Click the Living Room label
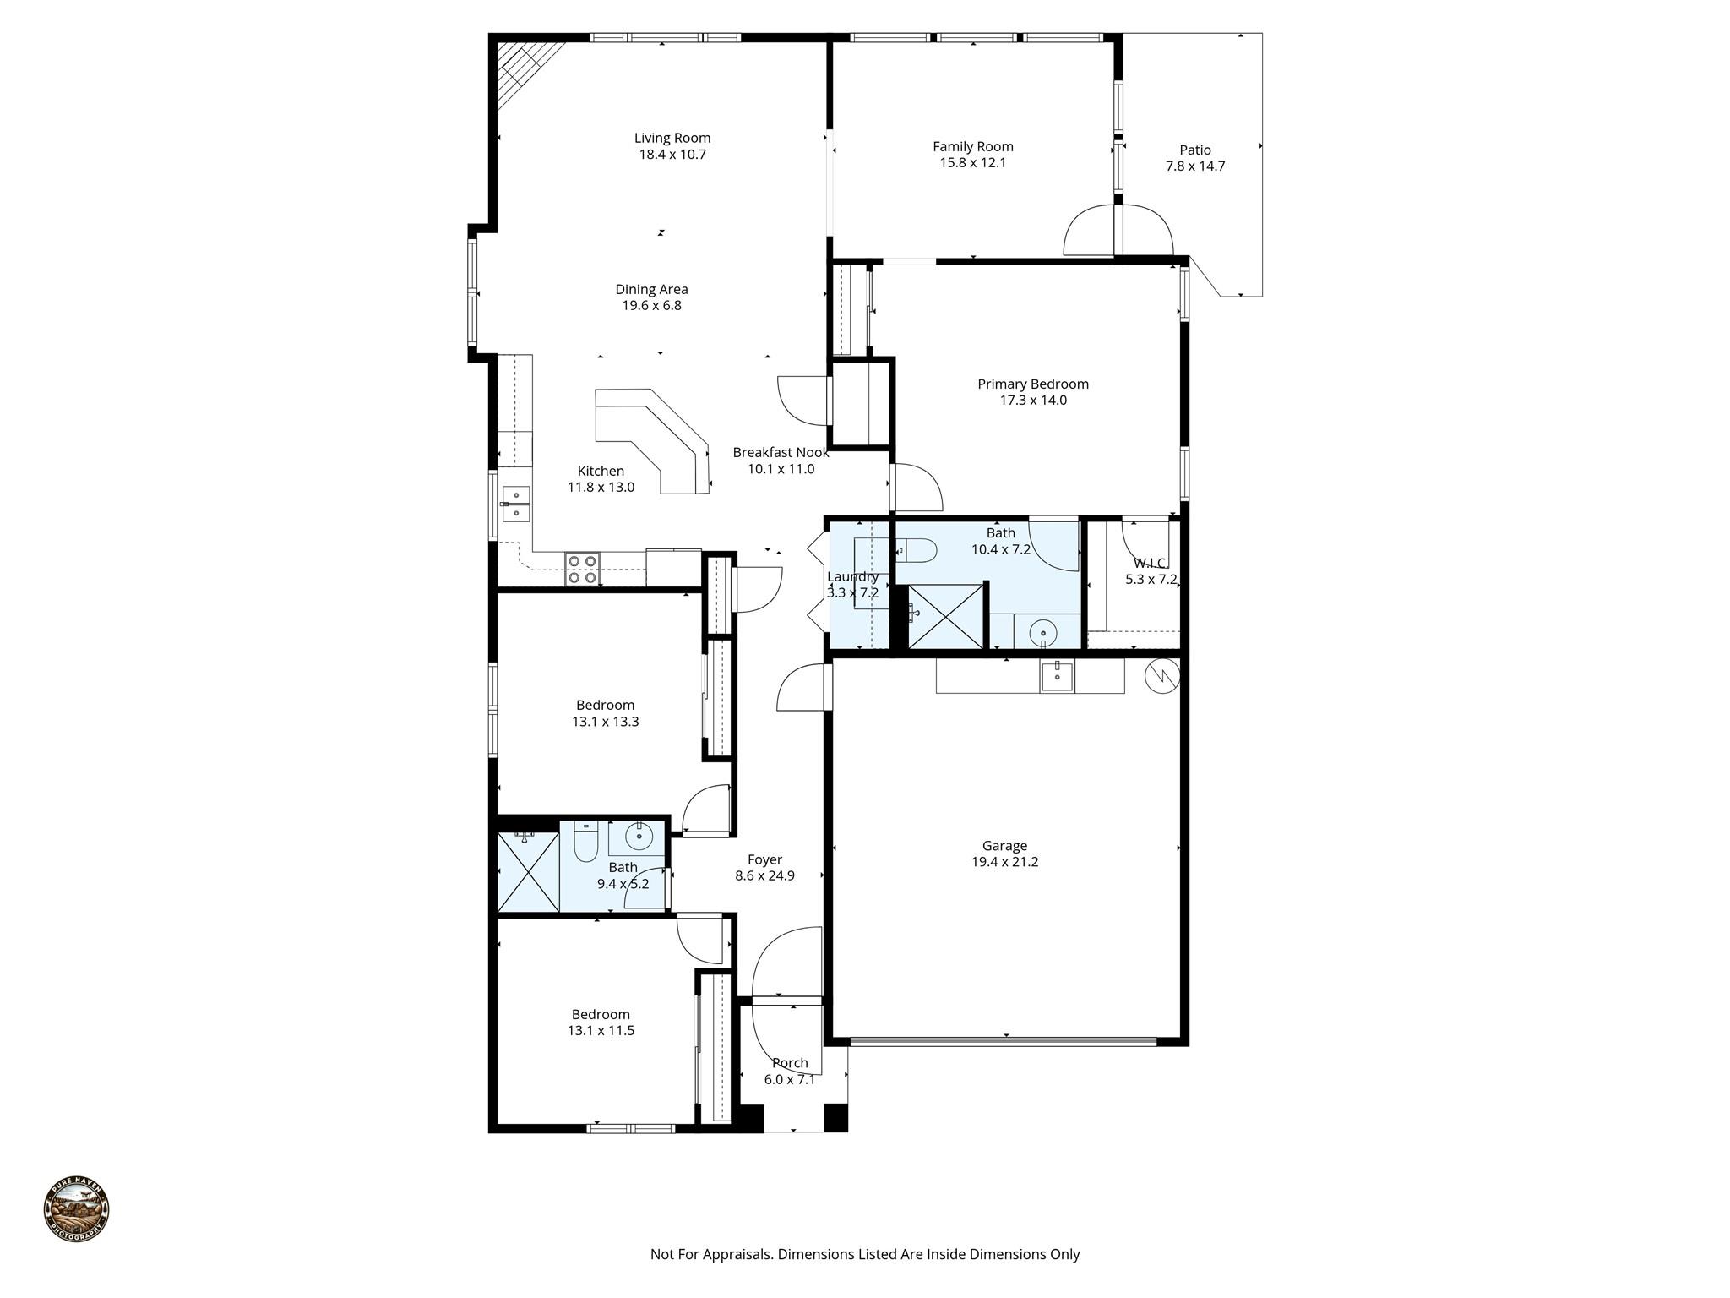tap(672, 138)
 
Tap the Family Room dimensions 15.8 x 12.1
tap(972, 163)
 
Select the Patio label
tap(1194, 150)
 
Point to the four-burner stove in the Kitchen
tap(582, 569)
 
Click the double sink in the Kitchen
tap(514, 504)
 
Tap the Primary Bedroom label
tap(1032, 384)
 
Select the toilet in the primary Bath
tap(916, 550)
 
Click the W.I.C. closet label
tap(1151, 563)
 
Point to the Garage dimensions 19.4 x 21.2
tap(1004, 862)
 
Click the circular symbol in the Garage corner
tap(1161, 675)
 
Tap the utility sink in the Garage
tap(1057, 677)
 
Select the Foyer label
tap(764, 859)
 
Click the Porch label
tap(790, 1063)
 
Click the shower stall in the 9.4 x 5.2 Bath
tap(528, 872)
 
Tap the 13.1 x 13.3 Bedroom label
tap(605, 705)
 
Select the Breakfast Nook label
tap(780, 452)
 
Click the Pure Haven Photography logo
tap(76, 1209)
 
